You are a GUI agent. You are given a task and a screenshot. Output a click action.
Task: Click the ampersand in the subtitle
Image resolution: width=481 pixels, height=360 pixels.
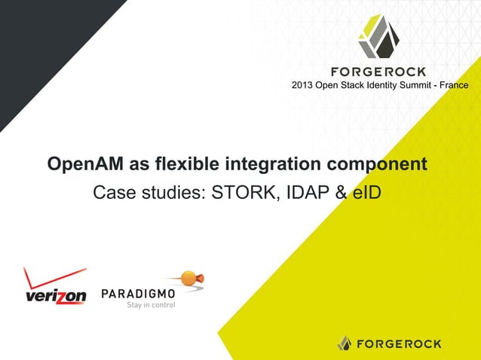340,192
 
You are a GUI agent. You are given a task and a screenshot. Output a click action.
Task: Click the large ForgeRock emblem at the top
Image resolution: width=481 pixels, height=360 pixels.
384,36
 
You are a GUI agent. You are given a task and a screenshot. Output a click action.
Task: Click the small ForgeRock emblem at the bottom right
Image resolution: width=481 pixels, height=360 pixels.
345,343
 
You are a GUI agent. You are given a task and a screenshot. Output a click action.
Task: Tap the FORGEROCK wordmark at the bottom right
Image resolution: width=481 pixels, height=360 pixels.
400,343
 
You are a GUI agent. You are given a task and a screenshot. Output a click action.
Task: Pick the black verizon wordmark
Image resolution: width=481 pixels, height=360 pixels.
56,297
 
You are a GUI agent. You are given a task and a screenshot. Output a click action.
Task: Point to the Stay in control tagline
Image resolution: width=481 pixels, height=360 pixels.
151,305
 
